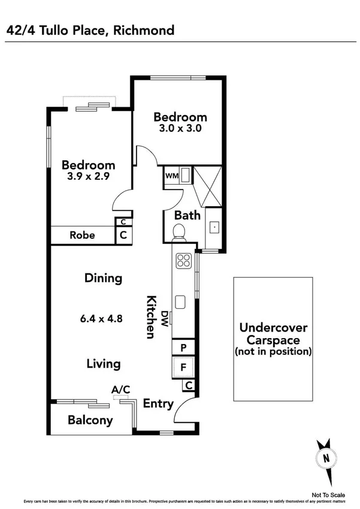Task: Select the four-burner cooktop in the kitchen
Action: coord(182,261)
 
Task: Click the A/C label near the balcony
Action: coord(121,390)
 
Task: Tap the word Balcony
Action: coord(90,420)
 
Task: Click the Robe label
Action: coord(83,235)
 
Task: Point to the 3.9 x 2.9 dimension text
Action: coord(88,177)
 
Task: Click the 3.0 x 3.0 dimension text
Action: coord(180,129)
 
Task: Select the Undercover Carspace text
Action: coord(273,333)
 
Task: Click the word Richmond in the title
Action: coord(144,29)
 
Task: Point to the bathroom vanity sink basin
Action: coord(213,228)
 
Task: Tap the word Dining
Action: coord(104,278)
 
